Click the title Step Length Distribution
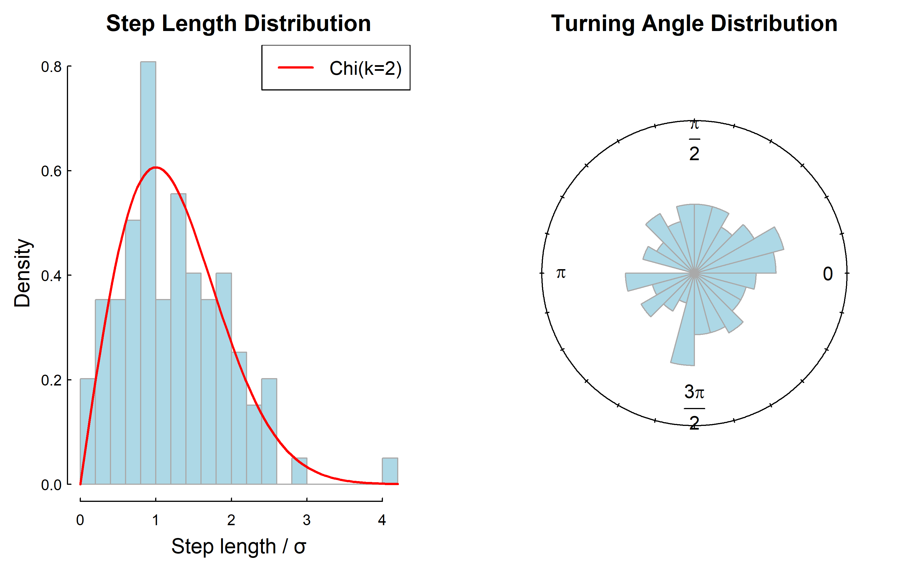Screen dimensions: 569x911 (x=238, y=23)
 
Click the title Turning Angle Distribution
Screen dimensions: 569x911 (x=694, y=23)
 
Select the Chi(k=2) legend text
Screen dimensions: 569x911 (x=365, y=69)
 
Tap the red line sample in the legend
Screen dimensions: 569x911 (x=296, y=68)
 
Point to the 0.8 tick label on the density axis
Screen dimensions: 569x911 (x=51, y=67)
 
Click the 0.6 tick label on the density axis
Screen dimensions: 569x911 (x=51, y=171)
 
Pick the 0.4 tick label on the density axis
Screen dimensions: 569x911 (x=51, y=276)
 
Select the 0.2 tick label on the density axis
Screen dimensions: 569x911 (x=51, y=380)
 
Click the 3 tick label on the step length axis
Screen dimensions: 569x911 (x=306, y=520)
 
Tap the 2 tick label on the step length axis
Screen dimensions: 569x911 (x=231, y=520)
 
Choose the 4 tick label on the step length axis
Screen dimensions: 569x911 (x=382, y=520)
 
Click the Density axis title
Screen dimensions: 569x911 (x=22, y=273)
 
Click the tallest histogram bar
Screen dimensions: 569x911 (x=148, y=263)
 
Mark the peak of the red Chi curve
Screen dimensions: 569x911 (x=155, y=168)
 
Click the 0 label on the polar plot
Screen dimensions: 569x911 (x=827, y=274)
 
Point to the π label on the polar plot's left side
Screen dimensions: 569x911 (x=561, y=273)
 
